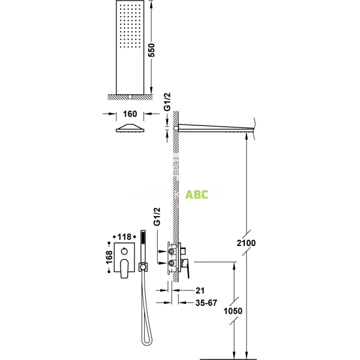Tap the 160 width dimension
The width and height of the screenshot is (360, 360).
click(x=131, y=114)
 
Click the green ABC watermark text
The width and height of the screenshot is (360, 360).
click(x=197, y=194)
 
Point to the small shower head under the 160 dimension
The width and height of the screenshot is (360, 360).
click(x=131, y=128)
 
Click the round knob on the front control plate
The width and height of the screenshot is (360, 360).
click(x=125, y=249)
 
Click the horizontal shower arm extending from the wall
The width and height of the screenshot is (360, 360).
click(x=216, y=128)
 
